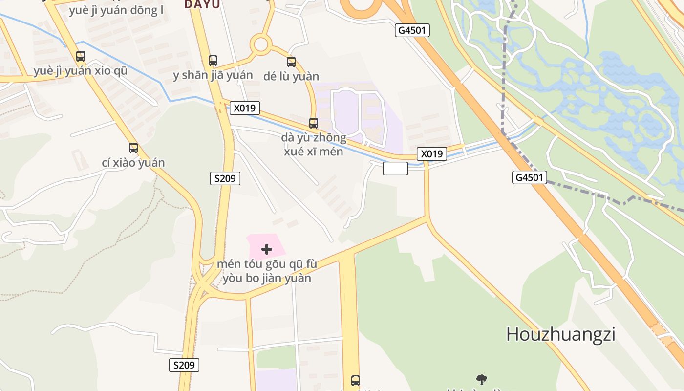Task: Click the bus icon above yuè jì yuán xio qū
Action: coord(81,56)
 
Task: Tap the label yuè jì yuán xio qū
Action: coord(81,71)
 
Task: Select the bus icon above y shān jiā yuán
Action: coord(213,61)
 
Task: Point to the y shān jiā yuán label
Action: coord(213,75)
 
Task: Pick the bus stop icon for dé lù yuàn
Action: coord(291,62)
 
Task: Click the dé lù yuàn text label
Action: coord(291,76)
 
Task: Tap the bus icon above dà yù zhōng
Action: coord(314,123)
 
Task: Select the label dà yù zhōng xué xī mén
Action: coord(314,144)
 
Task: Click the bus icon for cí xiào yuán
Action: coord(133,148)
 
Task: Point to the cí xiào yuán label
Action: coord(133,163)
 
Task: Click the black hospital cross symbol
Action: coord(267,249)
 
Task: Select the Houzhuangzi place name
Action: coord(560,334)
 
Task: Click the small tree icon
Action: coord(482,379)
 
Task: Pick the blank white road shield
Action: coord(395,169)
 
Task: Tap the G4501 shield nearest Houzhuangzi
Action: coord(530,177)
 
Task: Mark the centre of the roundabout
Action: coord(261,45)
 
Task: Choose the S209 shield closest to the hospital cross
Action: coord(225,178)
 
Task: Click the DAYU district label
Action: coord(202,4)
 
